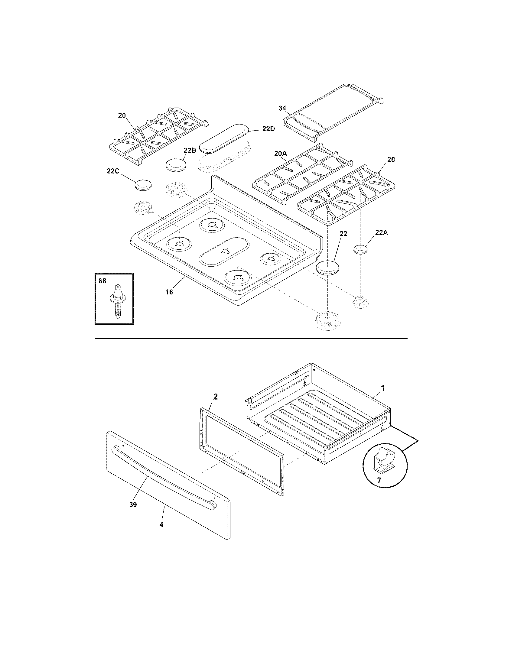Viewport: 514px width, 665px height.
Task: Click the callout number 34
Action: [x=282, y=108]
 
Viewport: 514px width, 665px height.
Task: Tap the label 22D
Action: [x=268, y=129]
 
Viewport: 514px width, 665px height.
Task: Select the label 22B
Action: [x=189, y=150]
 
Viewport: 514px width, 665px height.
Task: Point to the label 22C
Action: [x=113, y=171]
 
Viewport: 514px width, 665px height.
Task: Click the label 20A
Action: [x=280, y=154]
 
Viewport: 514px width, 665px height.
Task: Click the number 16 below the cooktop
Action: [x=169, y=292]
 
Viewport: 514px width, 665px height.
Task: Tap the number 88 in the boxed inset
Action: [x=102, y=281]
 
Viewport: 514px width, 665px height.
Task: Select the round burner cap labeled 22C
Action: [x=143, y=185]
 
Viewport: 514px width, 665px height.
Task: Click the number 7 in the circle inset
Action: [x=379, y=481]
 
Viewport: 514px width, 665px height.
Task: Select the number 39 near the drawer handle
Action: [x=133, y=504]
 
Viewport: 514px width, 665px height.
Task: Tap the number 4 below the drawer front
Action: [x=161, y=525]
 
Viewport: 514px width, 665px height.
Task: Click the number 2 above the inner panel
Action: [x=215, y=397]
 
